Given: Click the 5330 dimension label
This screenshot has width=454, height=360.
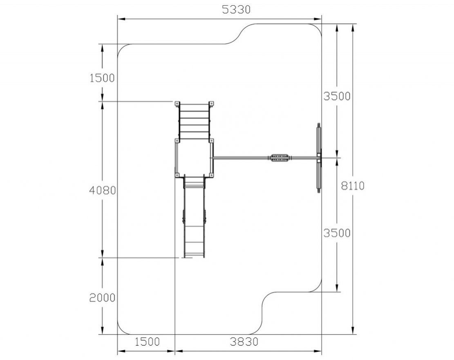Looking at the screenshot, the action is click(236, 9).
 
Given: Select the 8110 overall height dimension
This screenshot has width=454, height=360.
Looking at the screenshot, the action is click(352, 185).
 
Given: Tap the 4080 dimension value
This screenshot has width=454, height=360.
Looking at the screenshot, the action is click(103, 191).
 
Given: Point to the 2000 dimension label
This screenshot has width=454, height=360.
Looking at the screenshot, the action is click(102, 298).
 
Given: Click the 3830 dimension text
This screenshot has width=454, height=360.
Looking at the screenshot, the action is click(244, 342).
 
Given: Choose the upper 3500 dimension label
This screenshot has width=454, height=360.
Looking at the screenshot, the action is click(337, 96).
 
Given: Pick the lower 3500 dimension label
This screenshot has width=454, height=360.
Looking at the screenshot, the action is click(337, 233).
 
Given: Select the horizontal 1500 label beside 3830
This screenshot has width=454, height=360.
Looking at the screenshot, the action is click(147, 342).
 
